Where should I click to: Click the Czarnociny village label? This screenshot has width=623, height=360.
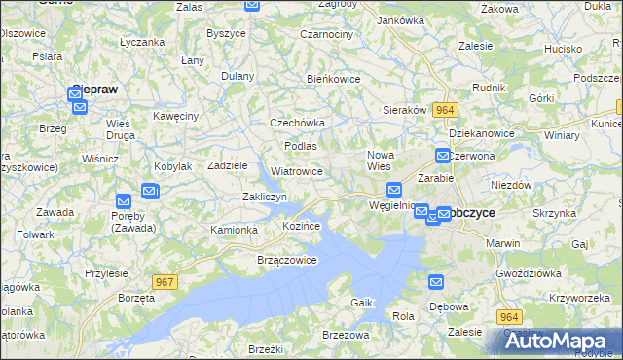click(x=327, y=33)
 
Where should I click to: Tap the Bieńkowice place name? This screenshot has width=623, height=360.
click(x=334, y=79)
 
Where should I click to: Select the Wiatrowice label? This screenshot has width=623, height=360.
click(x=297, y=171)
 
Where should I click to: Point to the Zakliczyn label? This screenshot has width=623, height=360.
click(x=264, y=197)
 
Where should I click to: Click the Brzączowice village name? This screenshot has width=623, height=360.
click(x=287, y=260)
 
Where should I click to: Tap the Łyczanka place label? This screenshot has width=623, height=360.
click(x=141, y=43)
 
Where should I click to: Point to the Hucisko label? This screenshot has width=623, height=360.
click(x=563, y=48)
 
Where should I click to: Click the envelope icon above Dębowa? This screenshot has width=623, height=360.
click(x=436, y=282)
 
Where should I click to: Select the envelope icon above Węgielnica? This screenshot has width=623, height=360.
click(x=394, y=190)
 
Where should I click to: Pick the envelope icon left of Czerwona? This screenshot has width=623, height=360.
click(x=443, y=155)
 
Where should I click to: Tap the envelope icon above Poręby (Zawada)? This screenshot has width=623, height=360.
click(x=125, y=203)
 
